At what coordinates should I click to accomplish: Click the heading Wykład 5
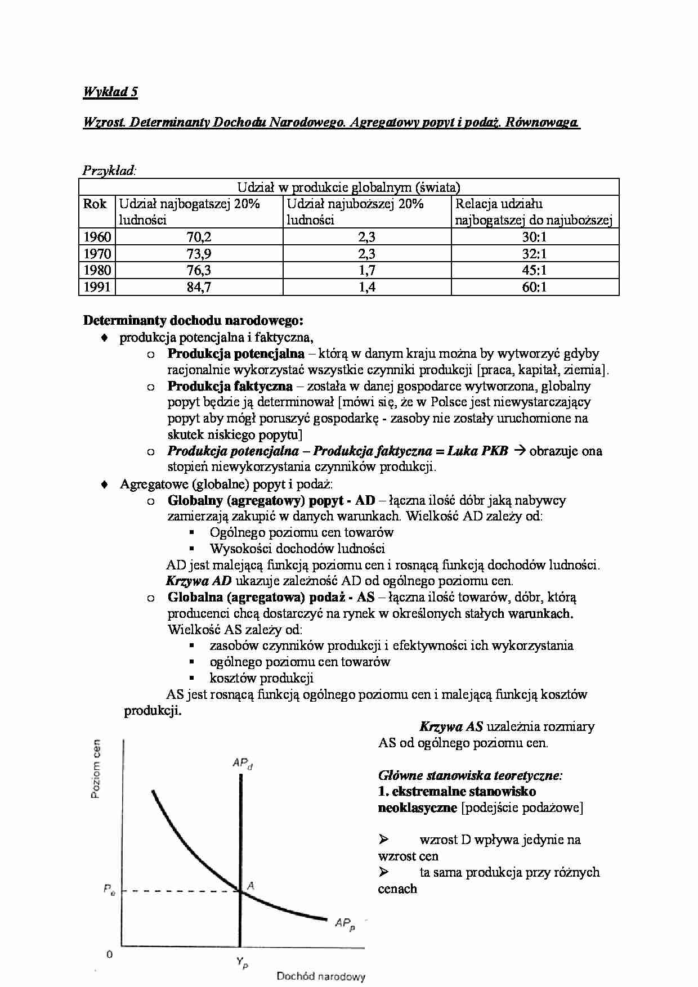(x=110, y=92)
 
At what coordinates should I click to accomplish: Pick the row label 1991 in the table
(x=97, y=288)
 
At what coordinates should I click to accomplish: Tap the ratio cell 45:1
(x=534, y=271)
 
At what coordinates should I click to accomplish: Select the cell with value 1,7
(x=366, y=271)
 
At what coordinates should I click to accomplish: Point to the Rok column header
(x=95, y=204)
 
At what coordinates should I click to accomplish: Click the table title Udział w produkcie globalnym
(x=348, y=187)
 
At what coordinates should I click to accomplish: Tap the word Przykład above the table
(x=109, y=170)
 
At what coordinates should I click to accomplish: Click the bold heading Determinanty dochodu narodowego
(x=193, y=321)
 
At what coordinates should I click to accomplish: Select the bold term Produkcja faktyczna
(x=230, y=386)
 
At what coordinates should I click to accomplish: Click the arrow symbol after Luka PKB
(x=519, y=451)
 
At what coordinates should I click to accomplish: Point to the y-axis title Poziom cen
(x=96, y=771)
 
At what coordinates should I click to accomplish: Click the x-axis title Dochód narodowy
(x=321, y=976)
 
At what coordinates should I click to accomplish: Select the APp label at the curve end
(x=345, y=923)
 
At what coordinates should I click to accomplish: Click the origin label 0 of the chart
(x=109, y=954)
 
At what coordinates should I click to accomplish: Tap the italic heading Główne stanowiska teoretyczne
(x=470, y=775)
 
